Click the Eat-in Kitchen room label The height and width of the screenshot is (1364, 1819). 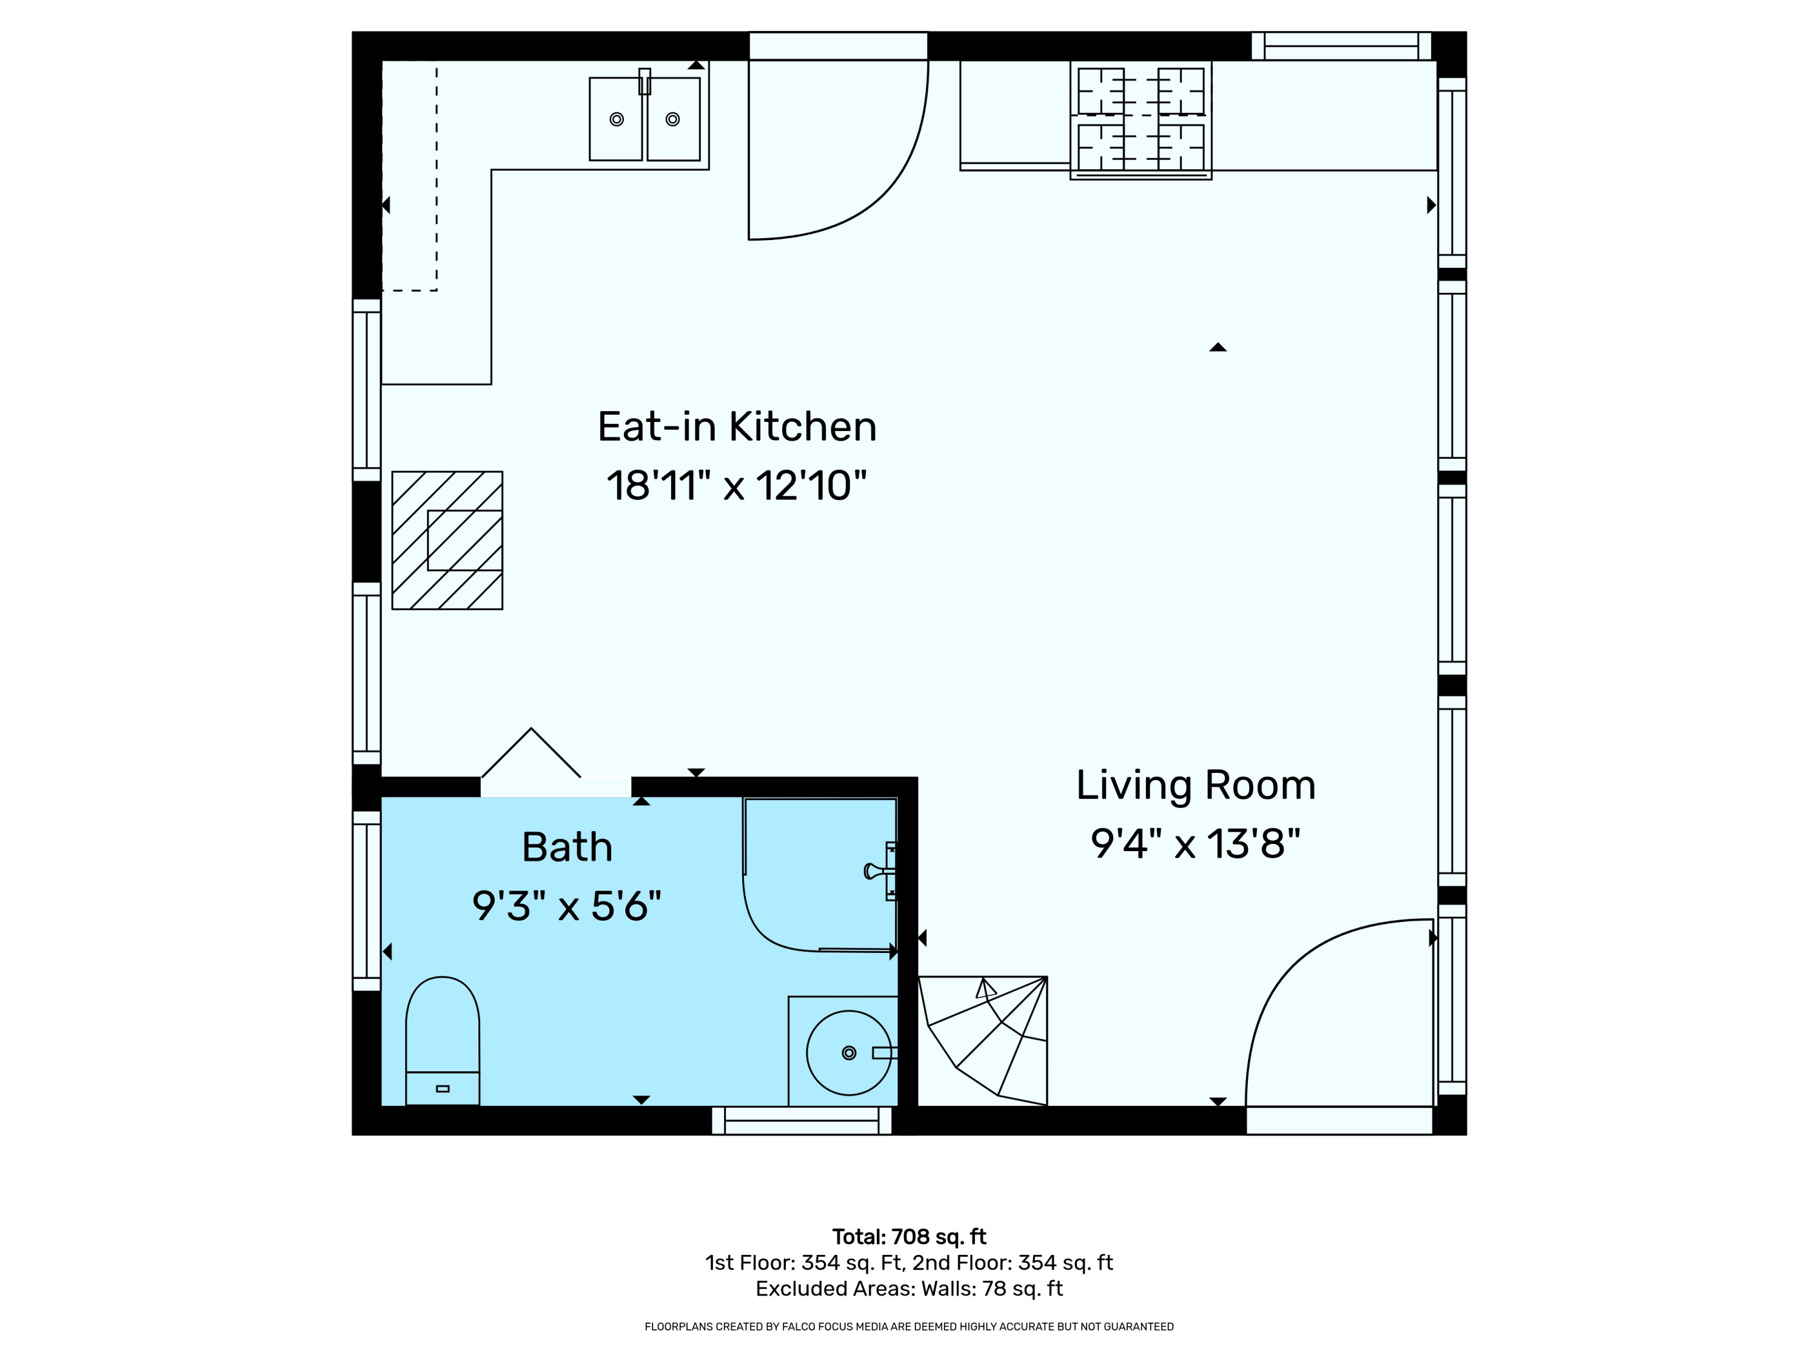tap(737, 427)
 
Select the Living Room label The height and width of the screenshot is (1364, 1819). tap(1196, 785)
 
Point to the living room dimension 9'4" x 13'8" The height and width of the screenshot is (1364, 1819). tap(1196, 844)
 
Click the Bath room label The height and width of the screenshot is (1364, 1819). tap(568, 847)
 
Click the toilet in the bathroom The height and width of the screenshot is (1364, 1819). tap(443, 1041)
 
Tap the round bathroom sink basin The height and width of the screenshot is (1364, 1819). tap(849, 1052)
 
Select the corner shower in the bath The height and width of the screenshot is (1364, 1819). tap(820, 875)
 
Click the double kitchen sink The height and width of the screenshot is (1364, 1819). tap(645, 118)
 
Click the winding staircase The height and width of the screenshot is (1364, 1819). tap(983, 1041)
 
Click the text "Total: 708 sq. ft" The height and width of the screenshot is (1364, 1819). tap(909, 1237)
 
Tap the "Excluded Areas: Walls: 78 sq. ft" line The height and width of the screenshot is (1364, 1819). tap(909, 1288)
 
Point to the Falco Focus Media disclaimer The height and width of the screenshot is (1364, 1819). tap(909, 1326)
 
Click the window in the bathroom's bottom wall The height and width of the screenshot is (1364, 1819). tap(802, 1121)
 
